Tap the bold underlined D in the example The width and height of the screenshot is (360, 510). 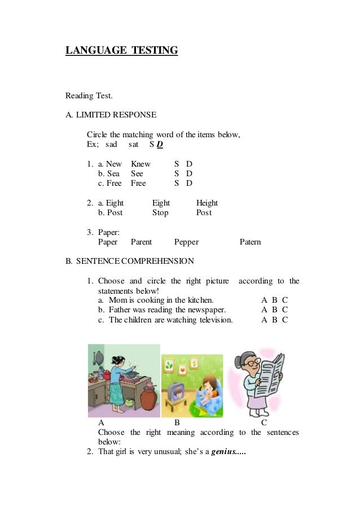point(160,145)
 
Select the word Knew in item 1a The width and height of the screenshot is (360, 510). point(141,164)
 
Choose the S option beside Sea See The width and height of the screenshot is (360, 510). point(177,173)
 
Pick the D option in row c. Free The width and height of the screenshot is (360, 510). point(190,183)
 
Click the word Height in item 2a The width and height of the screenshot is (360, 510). point(207,203)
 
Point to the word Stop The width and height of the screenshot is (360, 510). point(160,212)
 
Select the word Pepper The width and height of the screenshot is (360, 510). point(186,242)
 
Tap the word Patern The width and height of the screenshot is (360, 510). point(250,242)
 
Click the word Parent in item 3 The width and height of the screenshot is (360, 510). point(141,242)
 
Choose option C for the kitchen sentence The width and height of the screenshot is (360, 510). point(285,300)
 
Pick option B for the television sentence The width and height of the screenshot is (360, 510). point(275,320)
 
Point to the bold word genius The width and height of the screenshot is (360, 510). point(225,452)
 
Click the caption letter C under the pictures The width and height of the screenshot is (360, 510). point(264,422)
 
